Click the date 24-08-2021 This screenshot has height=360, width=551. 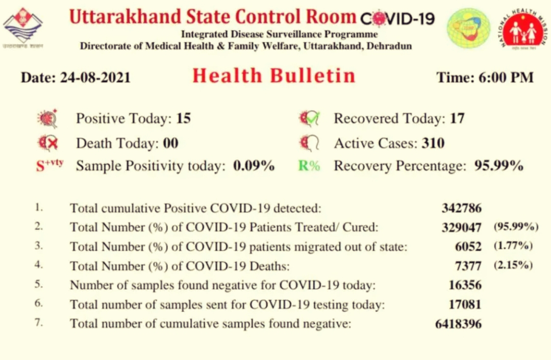tap(95, 78)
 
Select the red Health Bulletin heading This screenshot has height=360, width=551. tap(274, 75)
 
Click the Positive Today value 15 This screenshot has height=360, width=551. tap(184, 118)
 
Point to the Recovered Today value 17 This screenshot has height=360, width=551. tap(457, 118)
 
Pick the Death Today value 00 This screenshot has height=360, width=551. tap(170, 143)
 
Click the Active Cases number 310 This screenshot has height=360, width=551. tap(433, 143)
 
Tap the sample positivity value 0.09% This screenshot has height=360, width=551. tap(254, 165)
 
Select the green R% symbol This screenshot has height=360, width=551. tap(309, 165)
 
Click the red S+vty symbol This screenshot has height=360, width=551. tap(49, 165)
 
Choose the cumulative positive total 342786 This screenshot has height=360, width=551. tap(462, 208)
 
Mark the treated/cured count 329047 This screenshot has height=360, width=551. tap(462, 227)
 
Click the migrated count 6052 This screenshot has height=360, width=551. tap(468, 247)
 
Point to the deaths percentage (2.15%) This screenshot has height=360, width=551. tap(513, 265)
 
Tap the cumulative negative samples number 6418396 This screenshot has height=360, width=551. tap(458, 323)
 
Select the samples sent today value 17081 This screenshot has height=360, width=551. tap(465, 304)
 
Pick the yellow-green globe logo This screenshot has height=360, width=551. tap(468, 28)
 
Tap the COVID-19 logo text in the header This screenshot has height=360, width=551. tap(397, 19)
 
